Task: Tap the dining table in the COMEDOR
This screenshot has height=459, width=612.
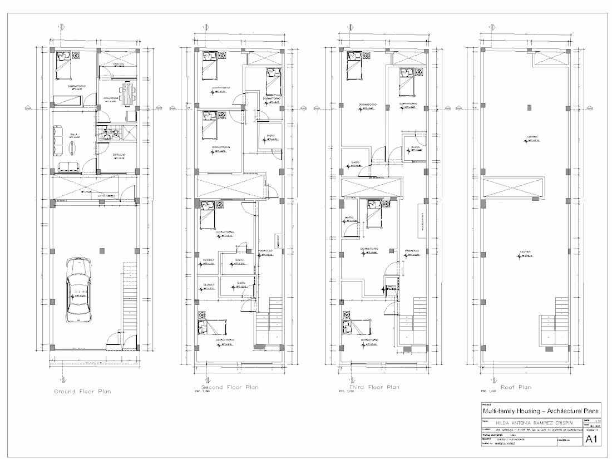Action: coord(129,93)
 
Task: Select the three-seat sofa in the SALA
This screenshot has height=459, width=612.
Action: coord(58,140)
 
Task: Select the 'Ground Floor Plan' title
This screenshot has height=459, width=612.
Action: coord(82,392)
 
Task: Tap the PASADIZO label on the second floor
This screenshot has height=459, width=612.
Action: coord(264,250)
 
